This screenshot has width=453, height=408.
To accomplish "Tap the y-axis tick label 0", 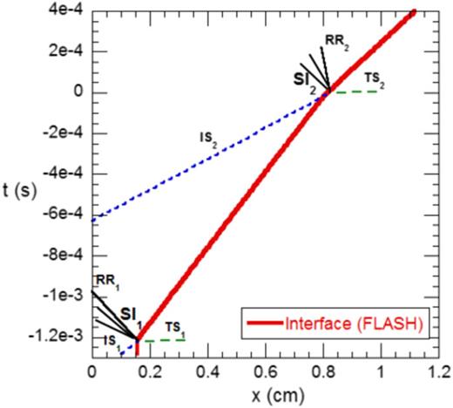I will [x=78, y=92].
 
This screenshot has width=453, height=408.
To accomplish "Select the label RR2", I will [x=337, y=41].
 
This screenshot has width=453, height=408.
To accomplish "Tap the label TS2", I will [x=374, y=79].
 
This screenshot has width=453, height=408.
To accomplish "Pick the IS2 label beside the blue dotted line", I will [x=206, y=138].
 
